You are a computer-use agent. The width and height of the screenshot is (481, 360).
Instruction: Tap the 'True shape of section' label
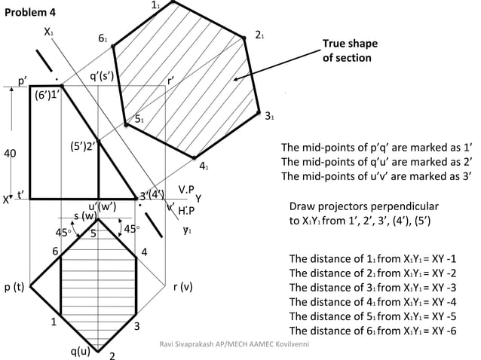coord(349,50)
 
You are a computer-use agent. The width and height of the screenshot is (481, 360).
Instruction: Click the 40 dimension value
coord(10,153)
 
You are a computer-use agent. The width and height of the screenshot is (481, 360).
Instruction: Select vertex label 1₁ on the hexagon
coord(156,6)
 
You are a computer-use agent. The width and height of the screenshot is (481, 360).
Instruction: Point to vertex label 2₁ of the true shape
coord(259,35)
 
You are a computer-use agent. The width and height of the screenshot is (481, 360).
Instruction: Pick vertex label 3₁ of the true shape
coord(269,115)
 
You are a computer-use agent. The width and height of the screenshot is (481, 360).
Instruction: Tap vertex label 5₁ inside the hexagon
coord(139,118)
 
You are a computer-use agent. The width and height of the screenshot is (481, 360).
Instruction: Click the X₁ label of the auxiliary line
coord(49,32)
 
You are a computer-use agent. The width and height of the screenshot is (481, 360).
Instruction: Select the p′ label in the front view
coord(23,78)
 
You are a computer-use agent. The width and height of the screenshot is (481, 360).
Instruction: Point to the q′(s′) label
coord(102,75)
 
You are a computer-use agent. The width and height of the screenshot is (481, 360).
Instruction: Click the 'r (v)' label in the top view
coord(183,286)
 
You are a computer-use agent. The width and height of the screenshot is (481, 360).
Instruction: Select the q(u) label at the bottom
coord(81,349)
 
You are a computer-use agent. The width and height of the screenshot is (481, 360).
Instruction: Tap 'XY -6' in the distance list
coord(443,330)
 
